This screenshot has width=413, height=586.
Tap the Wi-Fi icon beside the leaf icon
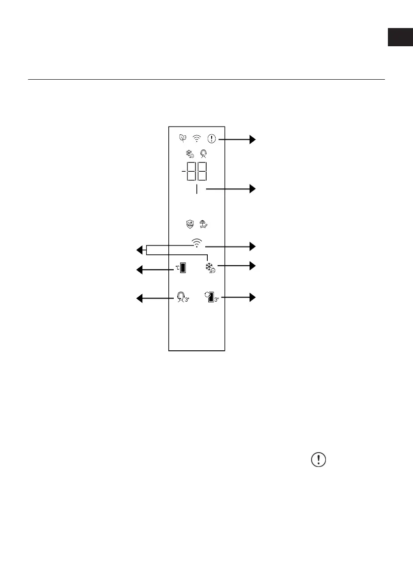pyautogui.click(x=197, y=139)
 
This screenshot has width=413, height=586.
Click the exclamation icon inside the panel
pyautogui.click(x=212, y=139)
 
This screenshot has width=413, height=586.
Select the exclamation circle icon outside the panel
pyautogui.click(x=319, y=460)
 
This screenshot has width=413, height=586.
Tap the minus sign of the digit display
pyautogui.click(x=183, y=173)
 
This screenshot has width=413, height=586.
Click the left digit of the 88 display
pyautogui.click(x=191, y=173)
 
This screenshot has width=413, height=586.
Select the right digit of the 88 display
pyautogui.click(x=201, y=173)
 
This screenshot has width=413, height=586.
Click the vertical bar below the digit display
pyautogui.click(x=196, y=189)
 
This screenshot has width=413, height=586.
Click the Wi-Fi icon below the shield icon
pyautogui.click(x=196, y=243)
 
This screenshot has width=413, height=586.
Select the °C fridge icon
pyautogui.click(x=182, y=268)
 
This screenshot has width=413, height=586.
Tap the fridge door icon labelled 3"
pyautogui.click(x=212, y=297)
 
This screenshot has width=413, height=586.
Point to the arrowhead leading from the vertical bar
pyautogui.click(x=253, y=188)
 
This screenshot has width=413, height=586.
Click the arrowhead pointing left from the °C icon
pyautogui.click(x=140, y=270)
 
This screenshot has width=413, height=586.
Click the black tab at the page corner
pyautogui.click(x=400, y=37)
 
